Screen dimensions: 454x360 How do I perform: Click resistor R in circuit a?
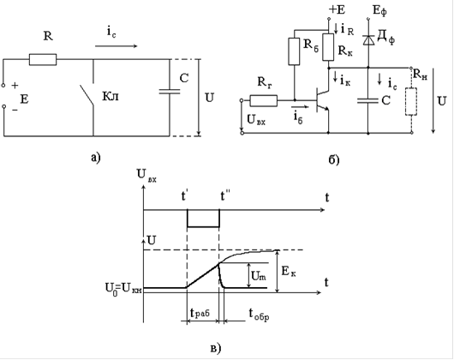43,59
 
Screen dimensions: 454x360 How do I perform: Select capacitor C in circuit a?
170,92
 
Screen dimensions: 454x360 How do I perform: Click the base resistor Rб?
294,51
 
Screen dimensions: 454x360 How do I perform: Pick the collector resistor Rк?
328,47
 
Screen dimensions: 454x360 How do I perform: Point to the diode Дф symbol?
368,39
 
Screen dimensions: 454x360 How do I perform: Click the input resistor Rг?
264,100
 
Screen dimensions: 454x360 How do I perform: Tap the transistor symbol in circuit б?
322,100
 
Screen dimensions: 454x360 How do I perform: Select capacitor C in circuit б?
368,100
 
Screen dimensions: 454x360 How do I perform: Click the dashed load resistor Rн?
411,102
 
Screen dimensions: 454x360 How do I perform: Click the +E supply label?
337,9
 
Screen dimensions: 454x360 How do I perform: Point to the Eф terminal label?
379,11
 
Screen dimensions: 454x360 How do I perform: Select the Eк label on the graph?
289,272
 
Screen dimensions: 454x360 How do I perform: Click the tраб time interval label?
200,313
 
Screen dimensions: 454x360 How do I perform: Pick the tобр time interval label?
260,314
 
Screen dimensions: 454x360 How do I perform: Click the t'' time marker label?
225,195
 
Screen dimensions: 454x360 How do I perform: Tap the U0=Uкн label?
123,289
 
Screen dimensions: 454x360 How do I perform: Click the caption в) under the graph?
215,348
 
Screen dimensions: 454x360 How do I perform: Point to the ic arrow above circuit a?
116,46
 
